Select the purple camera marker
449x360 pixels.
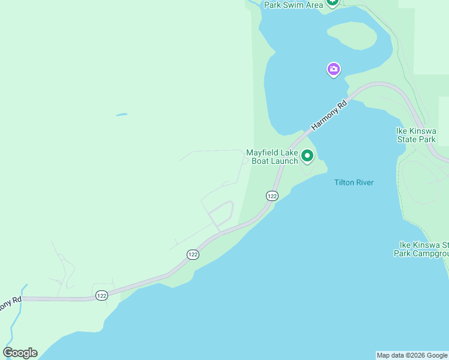click(x=334, y=70)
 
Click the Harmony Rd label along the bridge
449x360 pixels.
click(x=330, y=116)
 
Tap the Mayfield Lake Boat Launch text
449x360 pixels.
click(x=272, y=157)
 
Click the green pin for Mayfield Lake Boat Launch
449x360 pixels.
click(x=307, y=156)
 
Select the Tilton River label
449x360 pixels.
click(x=354, y=182)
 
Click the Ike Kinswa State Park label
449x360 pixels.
click(x=415, y=135)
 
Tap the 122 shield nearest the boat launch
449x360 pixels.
click(x=272, y=196)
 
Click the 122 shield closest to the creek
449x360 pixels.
click(x=101, y=295)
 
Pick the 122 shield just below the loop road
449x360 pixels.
click(x=193, y=254)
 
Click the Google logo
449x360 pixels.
click(x=20, y=353)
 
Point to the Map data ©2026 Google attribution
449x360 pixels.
click(x=412, y=355)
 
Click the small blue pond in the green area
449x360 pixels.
click(x=122, y=114)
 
